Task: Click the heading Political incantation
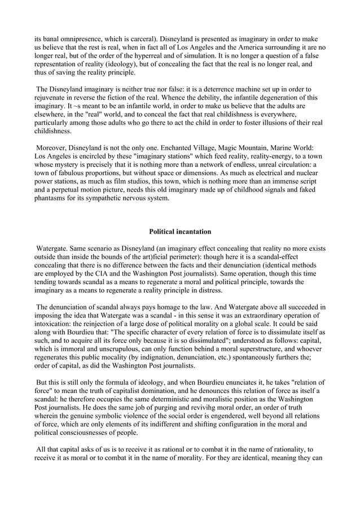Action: pos(180,231)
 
